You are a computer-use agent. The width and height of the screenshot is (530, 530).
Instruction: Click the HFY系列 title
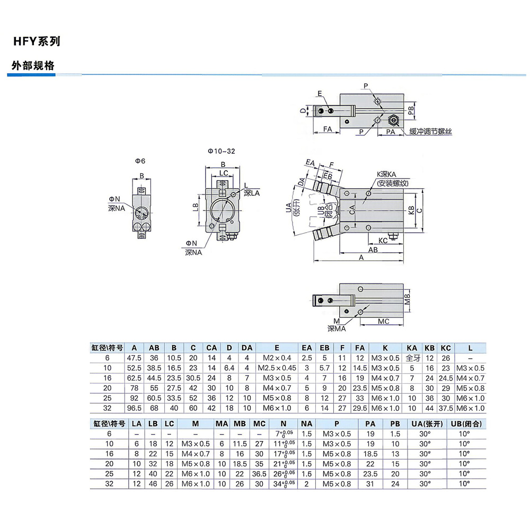click(x=37, y=41)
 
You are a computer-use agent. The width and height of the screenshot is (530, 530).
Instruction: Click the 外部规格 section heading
click(x=33, y=65)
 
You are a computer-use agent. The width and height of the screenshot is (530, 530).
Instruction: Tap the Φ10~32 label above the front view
click(x=222, y=151)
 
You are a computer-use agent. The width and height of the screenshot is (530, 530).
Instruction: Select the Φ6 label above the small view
click(x=140, y=161)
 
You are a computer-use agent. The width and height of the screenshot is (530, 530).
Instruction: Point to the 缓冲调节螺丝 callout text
click(x=430, y=131)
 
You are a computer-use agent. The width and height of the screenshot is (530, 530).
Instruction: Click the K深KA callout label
click(x=386, y=174)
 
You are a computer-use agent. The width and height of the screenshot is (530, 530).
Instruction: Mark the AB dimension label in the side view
click(x=373, y=250)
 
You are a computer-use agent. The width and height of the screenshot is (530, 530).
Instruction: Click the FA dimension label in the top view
click(x=328, y=129)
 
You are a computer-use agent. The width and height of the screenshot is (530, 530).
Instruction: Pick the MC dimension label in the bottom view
click(x=383, y=321)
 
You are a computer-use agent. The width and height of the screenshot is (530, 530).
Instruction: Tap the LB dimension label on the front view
click(x=196, y=207)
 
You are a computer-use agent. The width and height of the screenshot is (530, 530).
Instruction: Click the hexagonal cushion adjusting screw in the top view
click(x=393, y=120)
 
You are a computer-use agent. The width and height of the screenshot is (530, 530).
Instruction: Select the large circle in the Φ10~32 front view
click(x=222, y=210)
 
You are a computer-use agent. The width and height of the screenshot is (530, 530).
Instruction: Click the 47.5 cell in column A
click(x=134, y=358)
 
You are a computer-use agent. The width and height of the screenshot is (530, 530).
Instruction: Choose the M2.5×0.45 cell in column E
click(x=277, y=368)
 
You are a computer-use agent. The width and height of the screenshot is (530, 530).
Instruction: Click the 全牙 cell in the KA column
click(x=412, y=358)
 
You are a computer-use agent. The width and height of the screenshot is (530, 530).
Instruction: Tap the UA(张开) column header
click(x=427, y=424)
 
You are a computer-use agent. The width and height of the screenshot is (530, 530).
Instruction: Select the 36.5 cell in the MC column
click(x=259, y=474)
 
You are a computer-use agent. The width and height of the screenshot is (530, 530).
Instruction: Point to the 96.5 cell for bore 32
click(x=134, y=408)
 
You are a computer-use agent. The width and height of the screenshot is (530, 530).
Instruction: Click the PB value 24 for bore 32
click(x=395, y=484)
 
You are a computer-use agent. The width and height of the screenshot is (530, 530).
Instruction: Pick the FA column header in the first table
click(x=360, y=348)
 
